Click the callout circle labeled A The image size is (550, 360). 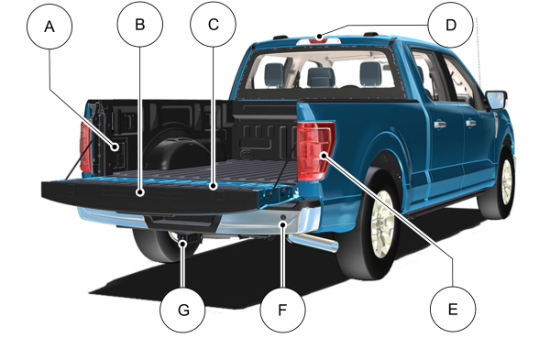point(50,28)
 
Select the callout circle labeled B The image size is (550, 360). point(139,25)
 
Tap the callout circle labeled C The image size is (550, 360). point(213,25)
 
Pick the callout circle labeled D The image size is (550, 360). point(450,25)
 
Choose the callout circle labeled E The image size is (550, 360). point(452,310)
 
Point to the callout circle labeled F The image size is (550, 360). point(282,311)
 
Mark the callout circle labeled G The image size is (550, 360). point(183,311)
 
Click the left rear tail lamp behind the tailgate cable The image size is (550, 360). point(86,149)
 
